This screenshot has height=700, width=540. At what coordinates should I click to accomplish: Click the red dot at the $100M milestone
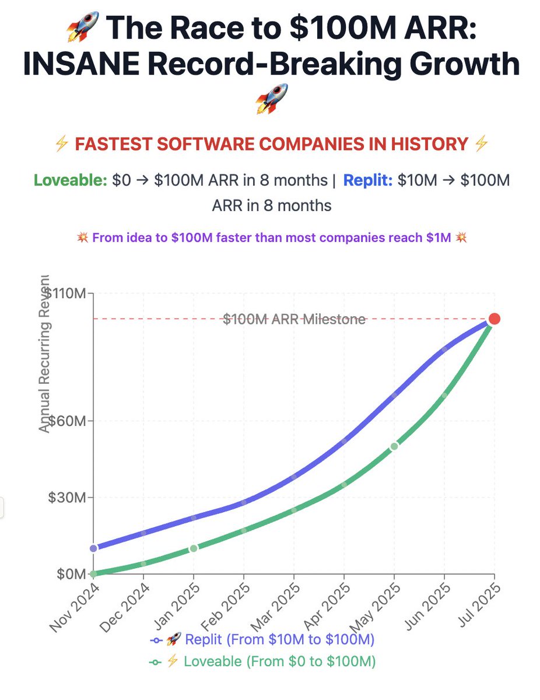[495, 318]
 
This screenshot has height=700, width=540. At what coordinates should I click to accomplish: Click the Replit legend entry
[262, 639]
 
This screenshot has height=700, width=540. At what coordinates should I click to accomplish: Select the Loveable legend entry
[262, 661]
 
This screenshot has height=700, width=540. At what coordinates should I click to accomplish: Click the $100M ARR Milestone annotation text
[294, 319]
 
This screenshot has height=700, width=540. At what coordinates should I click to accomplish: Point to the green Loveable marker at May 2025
[394, 446]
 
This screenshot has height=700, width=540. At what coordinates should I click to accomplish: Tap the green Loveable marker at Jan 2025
[194, 548]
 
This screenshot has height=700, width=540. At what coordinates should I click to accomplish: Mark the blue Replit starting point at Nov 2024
[94, 548]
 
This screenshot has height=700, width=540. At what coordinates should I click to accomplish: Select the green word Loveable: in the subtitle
[70, 180]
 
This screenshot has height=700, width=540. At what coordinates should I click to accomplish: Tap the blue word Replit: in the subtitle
[367, 180]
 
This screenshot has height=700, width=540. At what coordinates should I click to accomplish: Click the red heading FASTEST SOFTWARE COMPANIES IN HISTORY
[271, 143]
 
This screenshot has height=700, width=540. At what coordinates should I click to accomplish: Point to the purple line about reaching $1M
[271, 238]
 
